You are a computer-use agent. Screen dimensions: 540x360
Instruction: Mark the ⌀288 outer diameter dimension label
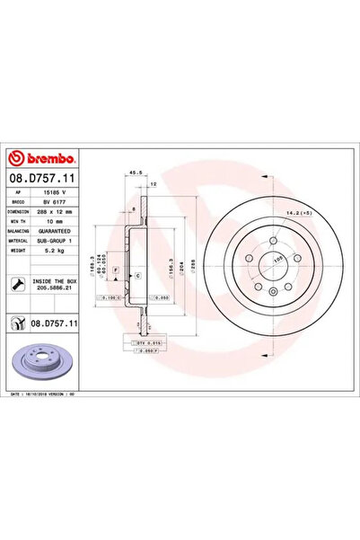click(191, 268)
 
